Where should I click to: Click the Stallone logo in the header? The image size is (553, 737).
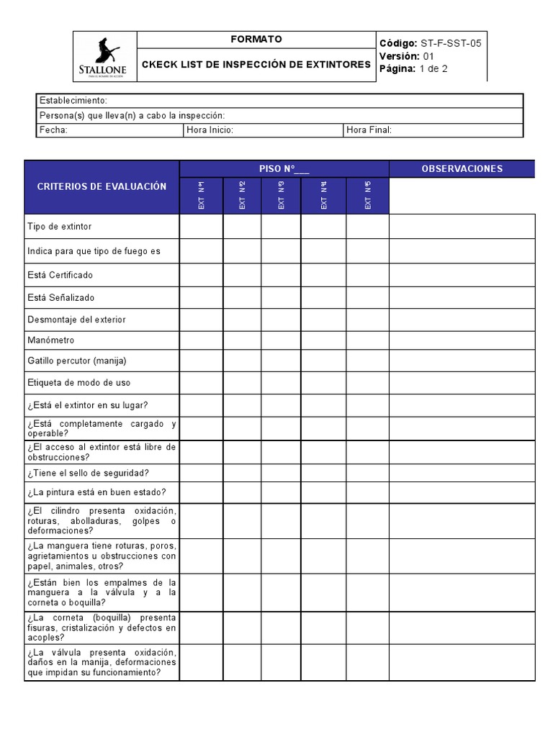(x=105, y=56)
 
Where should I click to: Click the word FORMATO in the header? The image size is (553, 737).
(x=256, y=40)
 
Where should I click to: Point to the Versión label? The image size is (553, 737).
(x=400, y=56)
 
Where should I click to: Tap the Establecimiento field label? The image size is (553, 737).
(x=73, y=101)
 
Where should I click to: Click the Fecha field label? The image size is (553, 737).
(x=53, y=130)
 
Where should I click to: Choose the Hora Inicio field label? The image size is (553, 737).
(x=210, y=130)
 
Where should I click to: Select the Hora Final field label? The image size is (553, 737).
(x=369, y=130)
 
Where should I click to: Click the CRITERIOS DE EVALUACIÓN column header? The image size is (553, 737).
(x=102, y=187)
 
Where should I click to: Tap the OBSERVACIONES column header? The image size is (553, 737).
(x=462, y=169)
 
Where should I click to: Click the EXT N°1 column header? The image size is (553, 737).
(x=202, y=196)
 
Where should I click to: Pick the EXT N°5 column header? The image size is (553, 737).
(x=368, y=196)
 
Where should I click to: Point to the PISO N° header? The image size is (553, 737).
(x=284, y=169)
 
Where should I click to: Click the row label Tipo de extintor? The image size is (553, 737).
(x=60, y=227)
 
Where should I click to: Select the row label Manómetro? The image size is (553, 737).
(x=50, y=340)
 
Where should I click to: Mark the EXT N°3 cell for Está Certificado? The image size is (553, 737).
(x=281, y=276)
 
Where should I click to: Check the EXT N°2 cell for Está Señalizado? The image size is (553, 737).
(x=242, y=298)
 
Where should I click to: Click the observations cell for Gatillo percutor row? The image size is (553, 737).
(x=462, y=361)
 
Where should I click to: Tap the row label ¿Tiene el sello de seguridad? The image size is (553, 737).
(x=88, y=473)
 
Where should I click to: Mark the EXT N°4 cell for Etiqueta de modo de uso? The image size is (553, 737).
(x=323, y=383)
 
